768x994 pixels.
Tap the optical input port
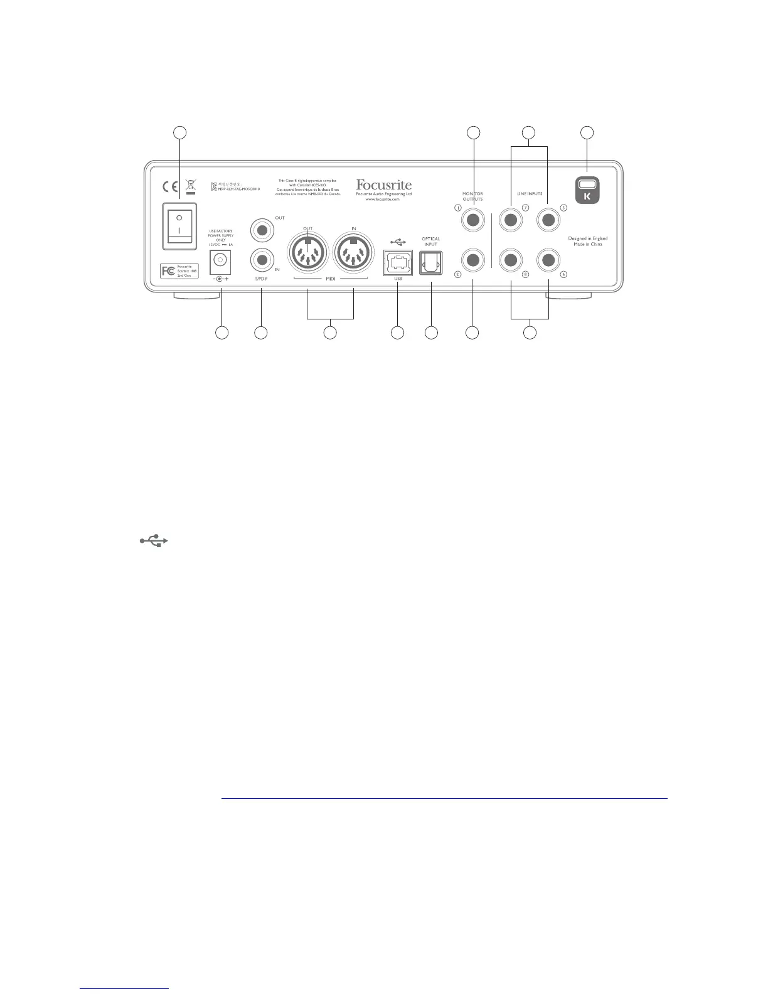click(431, 264)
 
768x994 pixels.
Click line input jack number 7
click(511, 220)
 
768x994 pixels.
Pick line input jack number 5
click(548, 220)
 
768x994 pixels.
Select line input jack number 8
click(511, 260)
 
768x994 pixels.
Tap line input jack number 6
click(548, 260)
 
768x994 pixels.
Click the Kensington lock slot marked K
click(587, 190)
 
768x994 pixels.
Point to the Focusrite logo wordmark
click(383, 185)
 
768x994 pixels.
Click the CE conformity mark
click(169, 187)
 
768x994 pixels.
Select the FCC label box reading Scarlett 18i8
click(179, 271)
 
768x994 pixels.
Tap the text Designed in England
click(587, 238)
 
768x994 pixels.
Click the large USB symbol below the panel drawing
click(154, 540)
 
